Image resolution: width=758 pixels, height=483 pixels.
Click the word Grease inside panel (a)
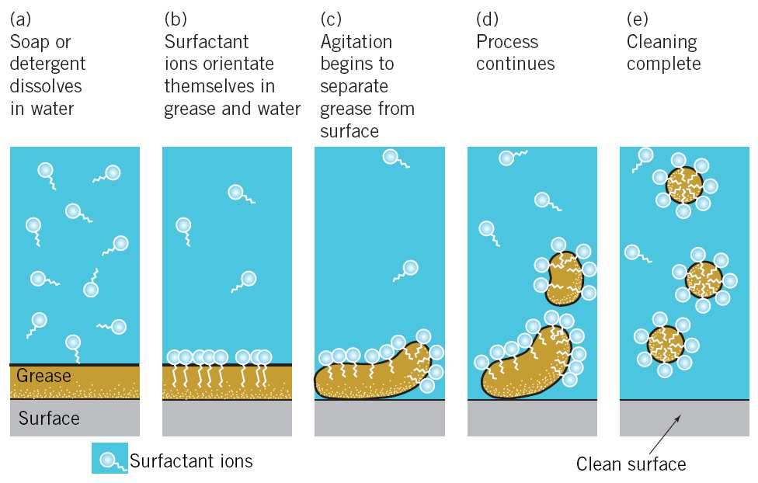43,377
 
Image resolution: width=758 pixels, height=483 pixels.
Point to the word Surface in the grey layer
49,419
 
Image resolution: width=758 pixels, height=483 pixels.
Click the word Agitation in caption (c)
356,41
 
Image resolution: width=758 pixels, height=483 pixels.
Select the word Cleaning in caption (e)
661,41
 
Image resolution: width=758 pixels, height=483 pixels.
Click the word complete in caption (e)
663,64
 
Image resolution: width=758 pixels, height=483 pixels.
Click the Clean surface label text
631,464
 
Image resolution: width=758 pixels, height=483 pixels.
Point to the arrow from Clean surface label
665,433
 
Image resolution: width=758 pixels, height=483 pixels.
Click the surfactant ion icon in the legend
109,459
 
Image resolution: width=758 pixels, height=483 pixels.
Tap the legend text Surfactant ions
191,460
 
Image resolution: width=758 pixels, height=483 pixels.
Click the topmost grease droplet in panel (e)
683,185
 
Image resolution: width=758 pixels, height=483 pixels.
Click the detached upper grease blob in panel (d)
565,276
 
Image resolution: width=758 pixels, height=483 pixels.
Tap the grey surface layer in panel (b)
227,418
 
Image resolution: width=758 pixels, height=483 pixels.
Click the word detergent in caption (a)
47,64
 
